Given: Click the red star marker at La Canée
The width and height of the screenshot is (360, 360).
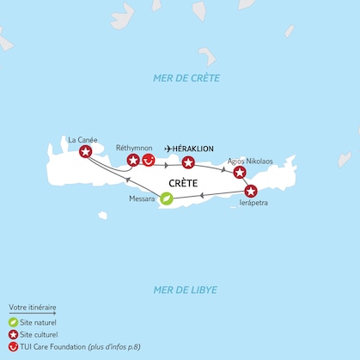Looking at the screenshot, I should (x=85, y=152).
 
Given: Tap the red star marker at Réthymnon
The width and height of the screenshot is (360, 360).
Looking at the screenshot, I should (x=133, y=161).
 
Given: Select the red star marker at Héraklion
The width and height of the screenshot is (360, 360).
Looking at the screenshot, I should (x=188, y=162).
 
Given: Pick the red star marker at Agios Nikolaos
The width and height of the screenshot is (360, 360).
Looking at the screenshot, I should (x=240, y=172).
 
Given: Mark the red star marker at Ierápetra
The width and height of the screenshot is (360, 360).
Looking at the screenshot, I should (x=250, y=191).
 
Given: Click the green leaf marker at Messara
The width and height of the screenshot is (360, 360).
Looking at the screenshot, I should (x=167, y=198).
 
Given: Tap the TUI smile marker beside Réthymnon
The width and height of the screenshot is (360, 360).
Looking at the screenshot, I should (x=148, y=161).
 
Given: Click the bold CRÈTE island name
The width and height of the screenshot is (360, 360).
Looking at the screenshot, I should (x=185, y=183).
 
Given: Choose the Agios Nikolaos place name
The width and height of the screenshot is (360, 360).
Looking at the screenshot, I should (x=251, y=160).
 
